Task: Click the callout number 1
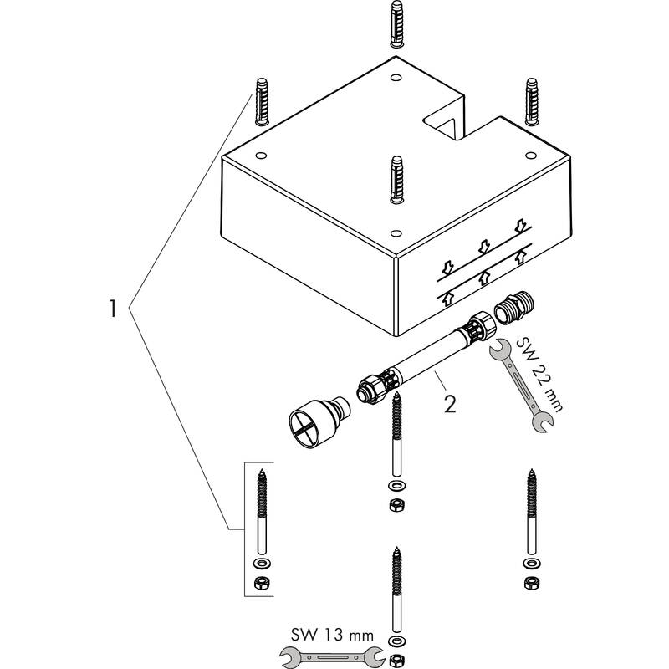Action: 113,309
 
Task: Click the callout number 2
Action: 450,405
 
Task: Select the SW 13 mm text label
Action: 326,634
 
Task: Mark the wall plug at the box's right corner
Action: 532,102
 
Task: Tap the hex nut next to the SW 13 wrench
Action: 395,661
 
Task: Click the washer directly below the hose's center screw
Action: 395,487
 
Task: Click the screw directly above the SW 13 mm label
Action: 395,585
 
